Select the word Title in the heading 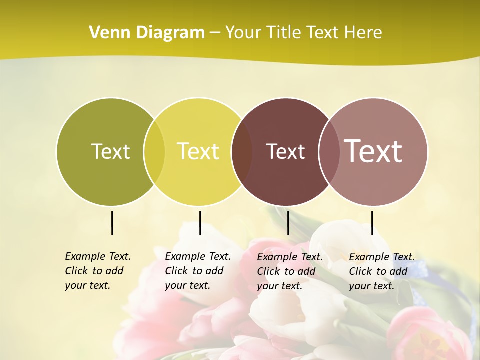pyautogui.click(x=283, y=32)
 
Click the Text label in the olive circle pyautogui.click(x=110, y=151)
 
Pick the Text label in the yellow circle pyautogui.click(x=198, y=151)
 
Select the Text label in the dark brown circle pyautogui.click(x=285, y=151)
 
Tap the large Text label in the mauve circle pyautogui.click(x=373, y=151)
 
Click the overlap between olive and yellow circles pyautogui.click(x=154, y=152)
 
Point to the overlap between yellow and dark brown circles pyautogui.click(x=242, y=152)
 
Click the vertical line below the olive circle pyautogui.click(x=112, y=223)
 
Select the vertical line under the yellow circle pyautogui.click(x=200, y=223)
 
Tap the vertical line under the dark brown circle pyautogui.click(x=288, y=223)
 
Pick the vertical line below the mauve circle pyautogui.click(x=372, y=223)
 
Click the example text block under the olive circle pyautogui.click(x=97, y=271)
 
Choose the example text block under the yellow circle pyautogui.click(x=197, y=271)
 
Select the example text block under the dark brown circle pyautogui.click(x=289, y=271)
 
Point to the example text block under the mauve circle pyautogui.click(x=381, y=271)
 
